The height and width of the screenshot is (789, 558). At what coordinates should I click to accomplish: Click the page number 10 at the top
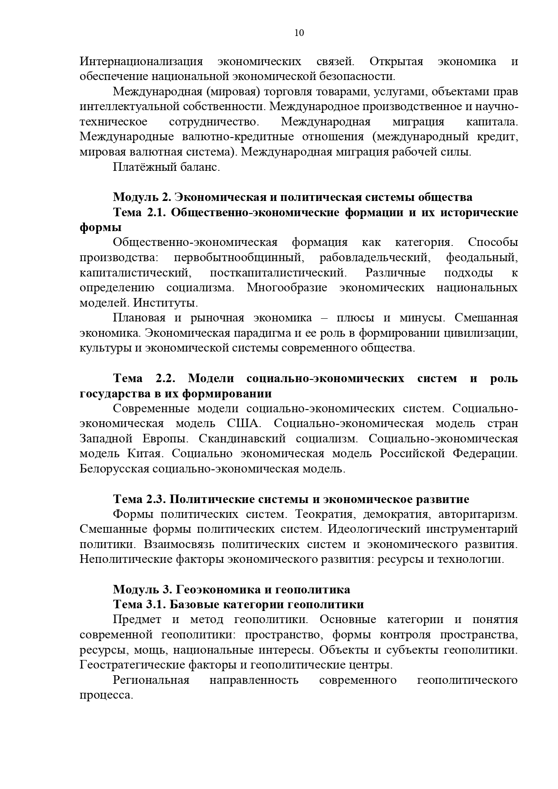click(299, 33)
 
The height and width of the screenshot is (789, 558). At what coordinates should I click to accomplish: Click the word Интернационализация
click(141, 62)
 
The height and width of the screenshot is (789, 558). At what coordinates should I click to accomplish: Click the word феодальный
click(482, 258)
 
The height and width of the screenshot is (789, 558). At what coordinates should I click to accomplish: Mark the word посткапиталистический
click(278, 273)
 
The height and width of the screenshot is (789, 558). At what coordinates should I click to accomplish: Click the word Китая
click(144, 454)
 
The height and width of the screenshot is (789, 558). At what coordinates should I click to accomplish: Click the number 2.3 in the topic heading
click(156, 499)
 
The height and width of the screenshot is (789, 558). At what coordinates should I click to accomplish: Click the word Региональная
click(151, 680)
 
